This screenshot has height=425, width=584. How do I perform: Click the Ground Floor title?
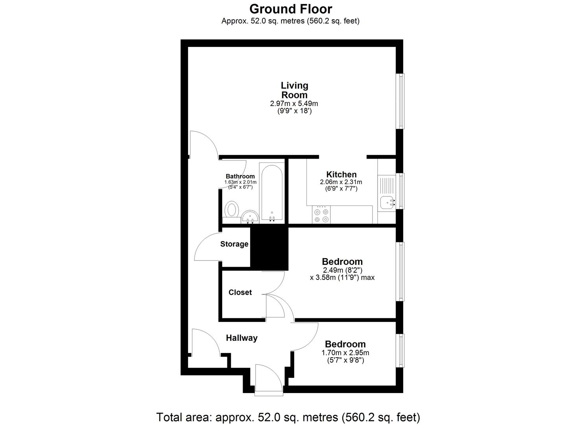point(291,9)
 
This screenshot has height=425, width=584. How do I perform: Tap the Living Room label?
point(294,90)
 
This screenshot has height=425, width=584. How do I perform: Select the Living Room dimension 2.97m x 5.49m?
point(294,104)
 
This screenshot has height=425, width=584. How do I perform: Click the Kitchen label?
point(341,174)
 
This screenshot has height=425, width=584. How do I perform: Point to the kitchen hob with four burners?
point(321,215)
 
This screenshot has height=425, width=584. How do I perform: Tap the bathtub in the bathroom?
point(272,193)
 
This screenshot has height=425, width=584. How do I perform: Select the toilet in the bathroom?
point(232,210)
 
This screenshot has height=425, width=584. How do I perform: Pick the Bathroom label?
point(240,176)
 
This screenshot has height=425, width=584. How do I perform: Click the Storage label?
point(234,244)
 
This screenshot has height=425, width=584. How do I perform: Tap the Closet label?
point(240,292)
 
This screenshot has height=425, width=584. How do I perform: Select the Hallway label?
point(241,338)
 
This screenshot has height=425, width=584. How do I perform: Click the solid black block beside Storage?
point(269,249)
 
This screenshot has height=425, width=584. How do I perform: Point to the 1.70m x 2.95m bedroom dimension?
point(345,353)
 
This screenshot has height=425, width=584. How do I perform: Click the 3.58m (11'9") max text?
point(342,277)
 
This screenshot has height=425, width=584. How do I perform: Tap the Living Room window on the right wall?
point(401,101)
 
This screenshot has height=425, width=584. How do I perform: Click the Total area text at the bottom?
point(288,417)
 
